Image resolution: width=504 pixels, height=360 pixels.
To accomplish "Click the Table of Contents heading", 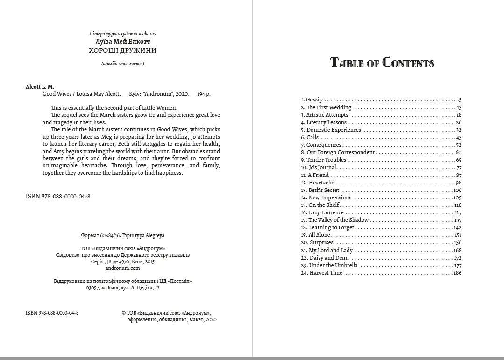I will tap(382, 63).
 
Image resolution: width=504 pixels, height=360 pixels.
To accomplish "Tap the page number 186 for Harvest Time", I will tap(457, 273).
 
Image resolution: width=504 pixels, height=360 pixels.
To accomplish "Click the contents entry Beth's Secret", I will tap(324, 190).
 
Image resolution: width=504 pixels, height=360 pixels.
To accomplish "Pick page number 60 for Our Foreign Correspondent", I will tap(458, 152).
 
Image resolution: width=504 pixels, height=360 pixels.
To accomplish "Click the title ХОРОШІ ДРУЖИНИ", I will tap(122, 50).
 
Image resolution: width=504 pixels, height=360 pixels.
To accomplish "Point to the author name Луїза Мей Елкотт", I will tap(122, 42).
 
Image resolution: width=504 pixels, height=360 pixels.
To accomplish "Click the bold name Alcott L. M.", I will tap(40, 87).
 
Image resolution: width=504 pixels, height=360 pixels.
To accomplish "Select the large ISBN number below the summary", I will tap(58, 197).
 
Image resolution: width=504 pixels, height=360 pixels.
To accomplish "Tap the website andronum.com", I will tap(123, 268).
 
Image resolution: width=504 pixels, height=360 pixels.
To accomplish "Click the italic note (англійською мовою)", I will tap(122, 64).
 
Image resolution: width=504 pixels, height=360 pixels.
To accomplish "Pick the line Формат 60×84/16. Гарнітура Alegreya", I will tap(123, 236).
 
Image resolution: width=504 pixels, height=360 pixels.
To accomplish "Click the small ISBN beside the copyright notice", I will tap(52, 313).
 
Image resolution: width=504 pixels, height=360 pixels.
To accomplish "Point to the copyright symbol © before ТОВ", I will tap(123, 313).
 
